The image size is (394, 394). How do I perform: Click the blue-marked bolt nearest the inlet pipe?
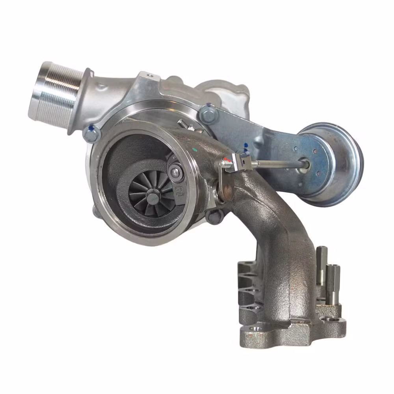[x=92, y=134]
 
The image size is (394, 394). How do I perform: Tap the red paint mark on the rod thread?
[x=225, y=161]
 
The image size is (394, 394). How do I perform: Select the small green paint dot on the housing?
[x=194, y=149]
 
